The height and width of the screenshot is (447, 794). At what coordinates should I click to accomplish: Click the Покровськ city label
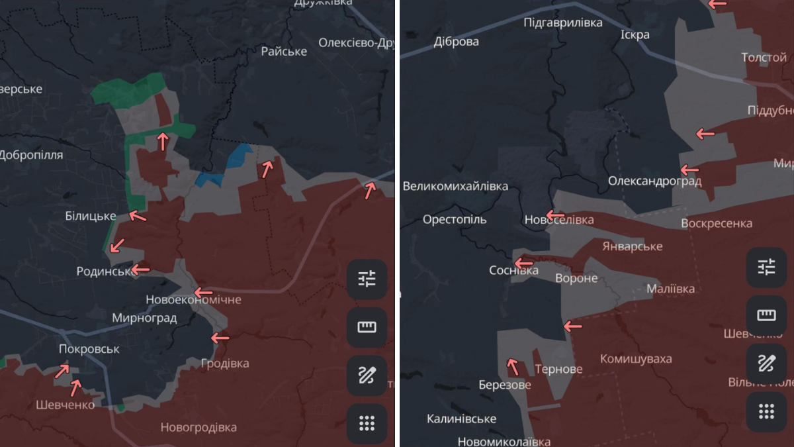coord(89,349)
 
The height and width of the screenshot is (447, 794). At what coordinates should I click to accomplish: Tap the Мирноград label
coord(144,318)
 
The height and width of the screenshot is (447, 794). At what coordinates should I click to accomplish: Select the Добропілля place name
coord(32,155)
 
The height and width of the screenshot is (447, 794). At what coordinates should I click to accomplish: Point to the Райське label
coord(284,51)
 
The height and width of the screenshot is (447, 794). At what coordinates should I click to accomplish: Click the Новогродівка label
coord(198,427)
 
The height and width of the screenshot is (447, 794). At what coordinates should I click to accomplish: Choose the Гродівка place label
coord(225,364)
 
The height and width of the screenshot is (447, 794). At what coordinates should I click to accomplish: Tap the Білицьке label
coord(91,216)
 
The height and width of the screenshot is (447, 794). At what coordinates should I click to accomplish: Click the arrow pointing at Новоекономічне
coord(204,292)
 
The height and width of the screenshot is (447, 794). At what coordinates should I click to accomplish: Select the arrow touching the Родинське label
coord(140,269)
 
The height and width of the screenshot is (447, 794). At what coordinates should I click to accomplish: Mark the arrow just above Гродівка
coord(220,338)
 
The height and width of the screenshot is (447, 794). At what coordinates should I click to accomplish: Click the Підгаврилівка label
coord(563,23)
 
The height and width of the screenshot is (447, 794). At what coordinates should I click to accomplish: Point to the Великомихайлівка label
coord(455,186)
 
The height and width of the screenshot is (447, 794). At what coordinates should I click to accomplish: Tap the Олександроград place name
coord(655,181)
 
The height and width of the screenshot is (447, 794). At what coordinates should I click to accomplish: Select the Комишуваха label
coord(636,359)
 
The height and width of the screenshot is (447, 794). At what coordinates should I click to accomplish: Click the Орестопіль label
coord(455,219)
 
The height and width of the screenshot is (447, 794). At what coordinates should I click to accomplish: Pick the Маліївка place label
coord(670,289)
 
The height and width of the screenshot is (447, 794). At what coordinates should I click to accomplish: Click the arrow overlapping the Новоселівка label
coord(554,216)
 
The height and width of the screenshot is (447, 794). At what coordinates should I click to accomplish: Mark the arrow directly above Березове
coord(512,366)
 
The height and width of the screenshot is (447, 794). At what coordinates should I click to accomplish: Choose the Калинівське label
coord(461,419)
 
